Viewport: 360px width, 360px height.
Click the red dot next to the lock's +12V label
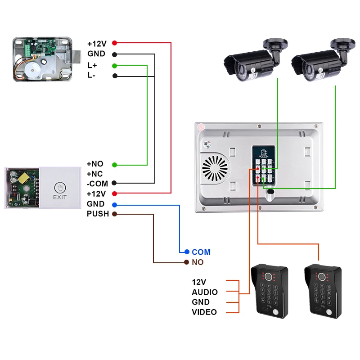115,43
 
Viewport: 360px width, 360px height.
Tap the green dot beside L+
115,66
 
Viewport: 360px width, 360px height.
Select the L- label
91,75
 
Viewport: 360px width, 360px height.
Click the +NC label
94,174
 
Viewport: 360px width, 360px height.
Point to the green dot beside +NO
115,165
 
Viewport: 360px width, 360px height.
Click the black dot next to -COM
114,183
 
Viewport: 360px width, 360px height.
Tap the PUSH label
98,214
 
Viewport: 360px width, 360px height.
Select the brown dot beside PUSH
114,214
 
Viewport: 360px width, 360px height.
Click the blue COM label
201,252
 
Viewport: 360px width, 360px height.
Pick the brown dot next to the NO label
186,262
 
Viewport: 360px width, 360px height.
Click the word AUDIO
205,292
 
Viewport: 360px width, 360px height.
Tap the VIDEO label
204,312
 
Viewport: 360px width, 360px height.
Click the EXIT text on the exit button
60,197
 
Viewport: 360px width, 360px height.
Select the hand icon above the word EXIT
60,188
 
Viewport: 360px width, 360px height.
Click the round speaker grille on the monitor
215,168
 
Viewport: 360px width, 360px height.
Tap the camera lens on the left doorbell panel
268,276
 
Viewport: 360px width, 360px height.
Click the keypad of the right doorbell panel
322,294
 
